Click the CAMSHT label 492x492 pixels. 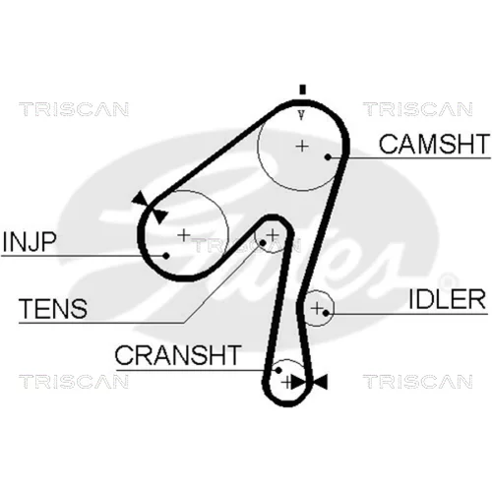tap(434, 144)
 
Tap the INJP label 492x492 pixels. tap(29, 242)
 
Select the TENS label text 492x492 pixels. tap(53, 308)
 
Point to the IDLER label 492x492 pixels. tap(447, 299)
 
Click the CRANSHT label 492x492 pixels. tap(178, 355)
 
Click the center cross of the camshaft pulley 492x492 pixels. tap(302, 146)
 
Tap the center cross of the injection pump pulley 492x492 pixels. tap(184, 235)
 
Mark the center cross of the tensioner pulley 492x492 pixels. tap(273, 235)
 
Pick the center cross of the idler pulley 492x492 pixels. tap(317, 308)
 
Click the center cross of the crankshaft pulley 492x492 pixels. tap(287, 382)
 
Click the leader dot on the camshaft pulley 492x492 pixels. tap(328, 157)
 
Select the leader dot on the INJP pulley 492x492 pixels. tap(166, 256)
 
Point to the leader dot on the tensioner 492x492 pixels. tap(263, 243)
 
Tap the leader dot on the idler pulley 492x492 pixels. tap(326, 313)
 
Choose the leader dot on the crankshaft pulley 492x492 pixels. tap(278, 370)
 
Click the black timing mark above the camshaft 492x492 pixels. tap(302, 90)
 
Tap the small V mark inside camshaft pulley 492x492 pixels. tap(301, 115)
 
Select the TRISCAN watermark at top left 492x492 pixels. tap(74, 109)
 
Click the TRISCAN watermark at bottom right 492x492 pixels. tap(418, 382)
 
